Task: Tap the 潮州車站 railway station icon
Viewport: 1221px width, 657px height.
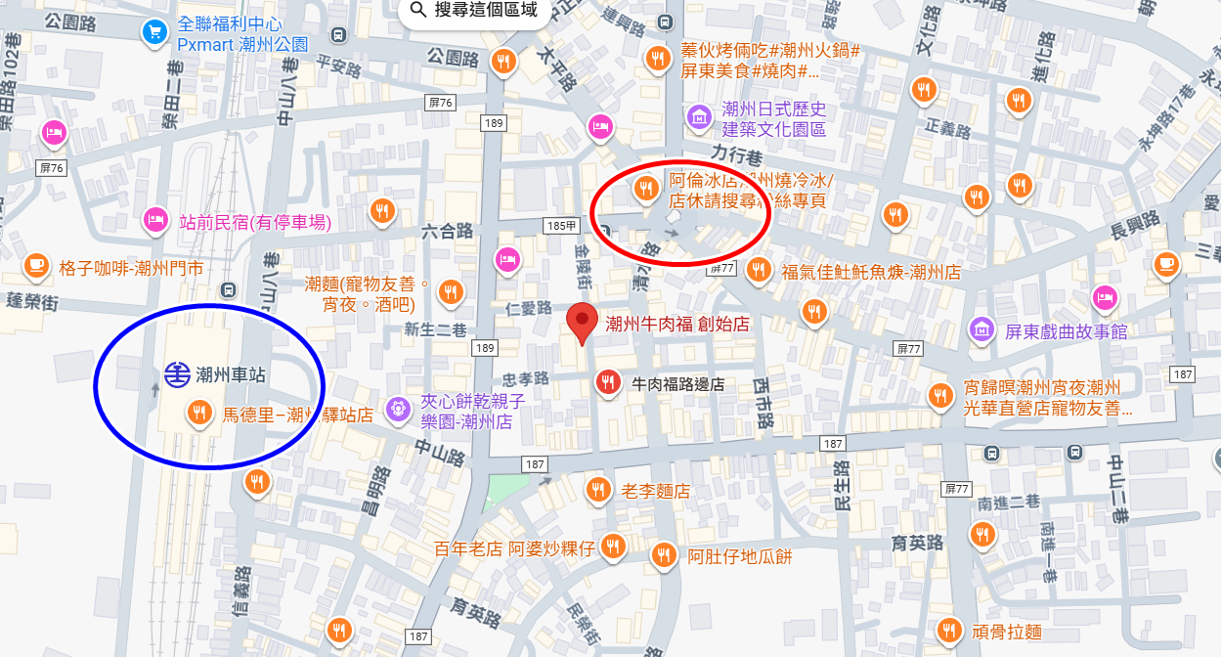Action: pyautogui.click(x=177, y=374)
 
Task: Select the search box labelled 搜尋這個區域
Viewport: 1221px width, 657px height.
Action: pyautogui.click(x=473, y=11)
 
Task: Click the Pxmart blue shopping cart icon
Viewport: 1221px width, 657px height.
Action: pyautogui.click(x=153, y=32)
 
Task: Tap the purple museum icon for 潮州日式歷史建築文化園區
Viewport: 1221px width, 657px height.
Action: pyautogui.click(x=699, y=117)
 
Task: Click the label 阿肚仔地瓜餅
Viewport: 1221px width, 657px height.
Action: pyautogui.click(x=739, y=557)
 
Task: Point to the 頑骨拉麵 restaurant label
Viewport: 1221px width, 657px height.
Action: pyautogui.click(x=1007, y=631)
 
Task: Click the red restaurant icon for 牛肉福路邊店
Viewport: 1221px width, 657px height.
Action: pyautogui.click(x=608, y=383)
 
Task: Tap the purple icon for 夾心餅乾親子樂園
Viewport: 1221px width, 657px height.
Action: pyautogui.click(x=397, y=410)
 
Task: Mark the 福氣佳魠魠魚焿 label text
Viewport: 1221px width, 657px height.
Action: pyautogui.click(x=870, y=272)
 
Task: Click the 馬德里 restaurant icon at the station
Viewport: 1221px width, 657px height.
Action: pyautogui.click(x=199, y=413)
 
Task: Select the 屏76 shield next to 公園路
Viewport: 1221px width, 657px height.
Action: pyautogui.click(x=441, y=103)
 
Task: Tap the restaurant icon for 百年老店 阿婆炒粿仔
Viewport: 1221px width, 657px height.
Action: pyautogui.click(x=613, y=546)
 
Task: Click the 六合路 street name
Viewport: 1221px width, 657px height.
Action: pyautogui.click(x=447, y=231)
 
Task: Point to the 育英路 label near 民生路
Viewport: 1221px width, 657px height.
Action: pyautogui.click(x=918, y=543)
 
